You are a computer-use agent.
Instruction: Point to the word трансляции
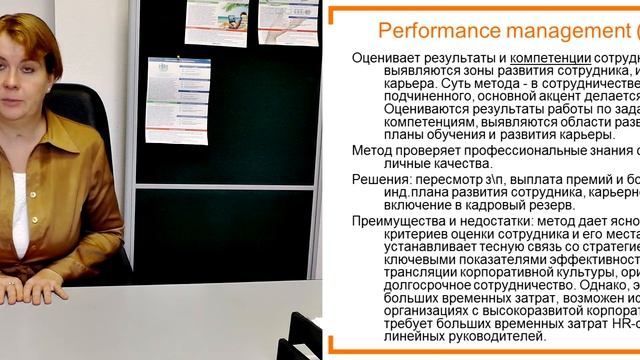point(421,269)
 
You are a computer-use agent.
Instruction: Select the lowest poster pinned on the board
point(177,100)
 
